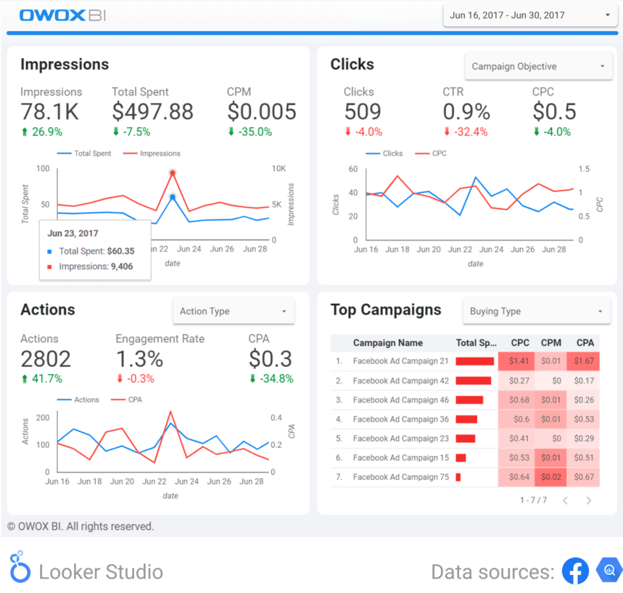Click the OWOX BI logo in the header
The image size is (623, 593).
tap(64, 15)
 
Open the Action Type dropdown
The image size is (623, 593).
tap(233, 312)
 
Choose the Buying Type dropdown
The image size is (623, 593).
tap(536, 312)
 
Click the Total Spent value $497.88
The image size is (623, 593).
tap(152, 112)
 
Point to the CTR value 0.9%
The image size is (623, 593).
tap(466, 112)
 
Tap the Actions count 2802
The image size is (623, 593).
tap(46, 358)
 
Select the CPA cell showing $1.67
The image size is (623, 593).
tap(585, 361)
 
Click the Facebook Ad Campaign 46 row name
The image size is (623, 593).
tap(400, 400)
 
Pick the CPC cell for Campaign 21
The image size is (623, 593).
tap(519, 361)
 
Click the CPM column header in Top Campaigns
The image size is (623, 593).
tap(550, 343)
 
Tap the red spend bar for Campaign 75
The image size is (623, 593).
tap(458, 477)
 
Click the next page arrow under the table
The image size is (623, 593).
tap(589, 500)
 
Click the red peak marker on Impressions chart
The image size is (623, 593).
tap(173, 173)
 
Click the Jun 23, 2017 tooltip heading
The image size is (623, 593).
tap(73, 233)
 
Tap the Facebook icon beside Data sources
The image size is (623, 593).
tap(574, 571)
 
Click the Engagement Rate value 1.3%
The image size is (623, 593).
tap(139, 358)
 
